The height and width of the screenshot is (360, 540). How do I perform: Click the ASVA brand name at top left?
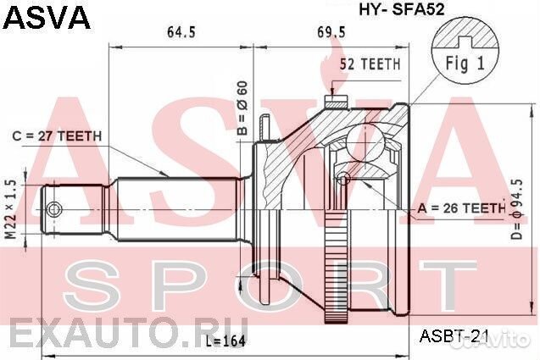47,17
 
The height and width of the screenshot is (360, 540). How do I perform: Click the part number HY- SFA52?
402,9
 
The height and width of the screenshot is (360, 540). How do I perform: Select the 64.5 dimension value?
181,32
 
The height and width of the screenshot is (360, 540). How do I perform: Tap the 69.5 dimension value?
331,32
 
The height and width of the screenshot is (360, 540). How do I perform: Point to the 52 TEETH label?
370,64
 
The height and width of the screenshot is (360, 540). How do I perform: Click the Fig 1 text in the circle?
465,64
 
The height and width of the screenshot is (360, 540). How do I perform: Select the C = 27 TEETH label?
57,136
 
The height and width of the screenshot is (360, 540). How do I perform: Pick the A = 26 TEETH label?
461,208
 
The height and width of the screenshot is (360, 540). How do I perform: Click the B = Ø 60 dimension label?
242,108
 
